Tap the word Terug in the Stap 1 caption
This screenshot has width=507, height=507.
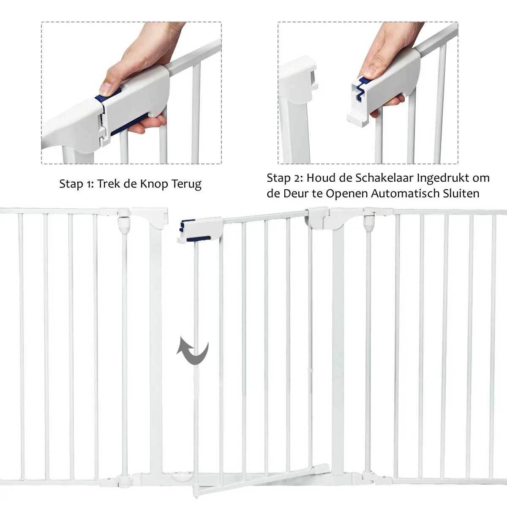[187, 184]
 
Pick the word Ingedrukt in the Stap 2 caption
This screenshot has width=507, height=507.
[442, 179]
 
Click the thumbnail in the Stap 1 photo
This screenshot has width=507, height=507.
[106, 89]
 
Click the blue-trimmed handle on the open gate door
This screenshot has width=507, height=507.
[200, 229]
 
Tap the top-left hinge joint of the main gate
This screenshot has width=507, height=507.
[123, 219]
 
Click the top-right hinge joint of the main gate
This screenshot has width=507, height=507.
[368, 219]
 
